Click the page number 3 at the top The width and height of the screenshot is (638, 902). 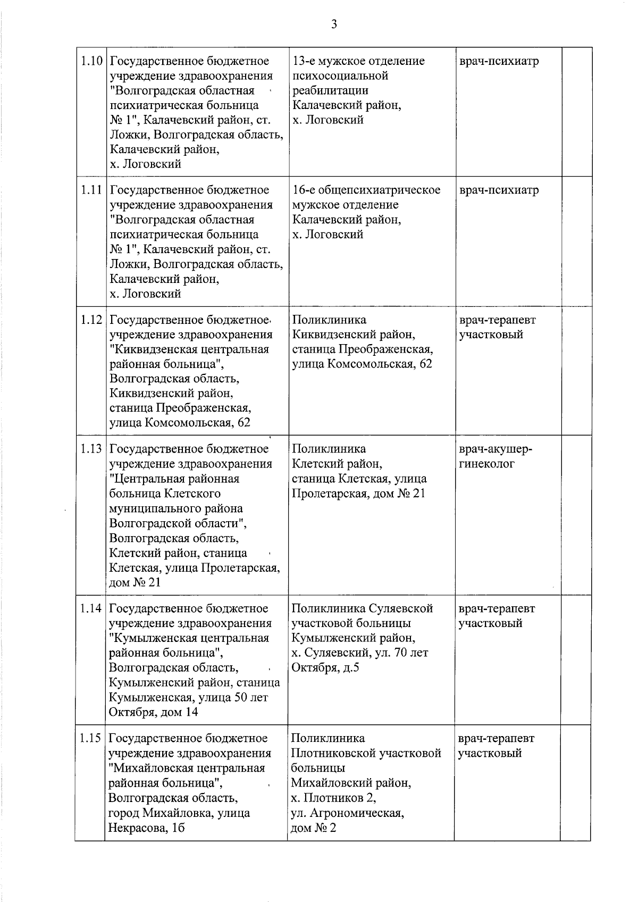coord(334,24)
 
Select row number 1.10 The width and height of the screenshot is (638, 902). coord(91,61)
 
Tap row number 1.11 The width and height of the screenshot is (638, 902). coord(91,190)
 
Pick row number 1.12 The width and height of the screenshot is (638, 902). coord(91,320)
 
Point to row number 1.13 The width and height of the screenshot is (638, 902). coord(91,449)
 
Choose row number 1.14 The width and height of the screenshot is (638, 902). coord(91,608)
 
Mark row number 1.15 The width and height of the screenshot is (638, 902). coord(91,739)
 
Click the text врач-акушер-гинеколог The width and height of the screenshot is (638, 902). coord(495,456)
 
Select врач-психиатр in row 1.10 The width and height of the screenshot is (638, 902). coord(499,61)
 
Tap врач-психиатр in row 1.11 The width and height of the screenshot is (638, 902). coord(499,190)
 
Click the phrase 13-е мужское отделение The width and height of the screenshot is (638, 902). coord(358,61)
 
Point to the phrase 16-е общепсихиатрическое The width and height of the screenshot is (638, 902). coord(366,190)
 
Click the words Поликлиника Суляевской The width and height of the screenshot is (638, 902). coord(362,608)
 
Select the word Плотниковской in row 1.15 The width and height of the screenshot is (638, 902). coord(366,754)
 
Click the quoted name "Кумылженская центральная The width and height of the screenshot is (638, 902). coord(189,638)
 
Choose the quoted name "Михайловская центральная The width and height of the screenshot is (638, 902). coord(187,769)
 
